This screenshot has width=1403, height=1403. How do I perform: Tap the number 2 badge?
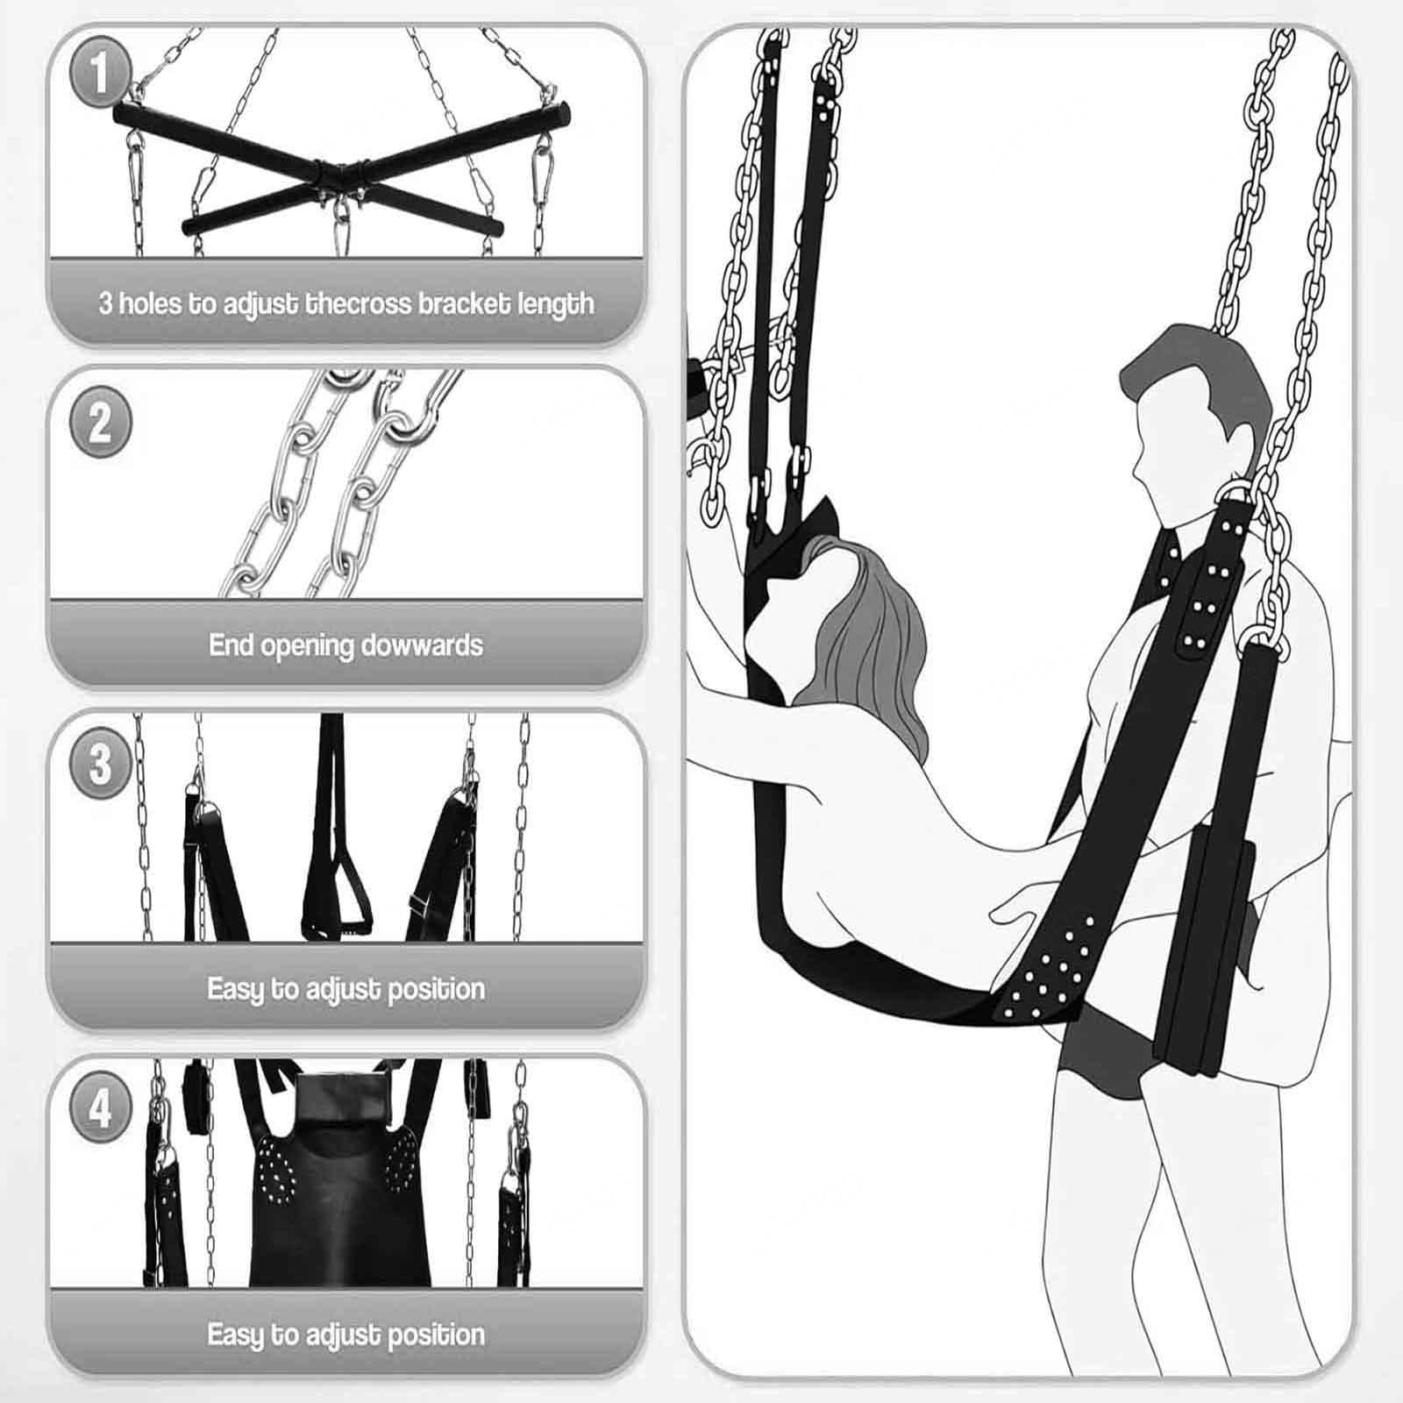100,422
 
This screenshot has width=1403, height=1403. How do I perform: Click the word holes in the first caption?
150,303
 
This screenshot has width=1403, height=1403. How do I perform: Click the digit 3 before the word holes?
105,303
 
